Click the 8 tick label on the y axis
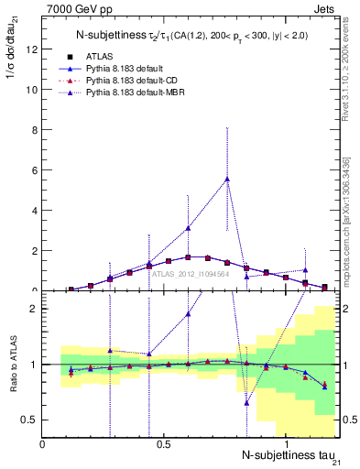click(x=35, y=129)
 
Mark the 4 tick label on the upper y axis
click(x=35, y=210)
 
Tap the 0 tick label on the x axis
click(x=43, y=445)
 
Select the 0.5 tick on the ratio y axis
click(x=30, y=420)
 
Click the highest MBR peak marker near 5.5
click(x=227, y=180)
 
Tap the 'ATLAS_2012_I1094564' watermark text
click(x=190, y=273)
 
